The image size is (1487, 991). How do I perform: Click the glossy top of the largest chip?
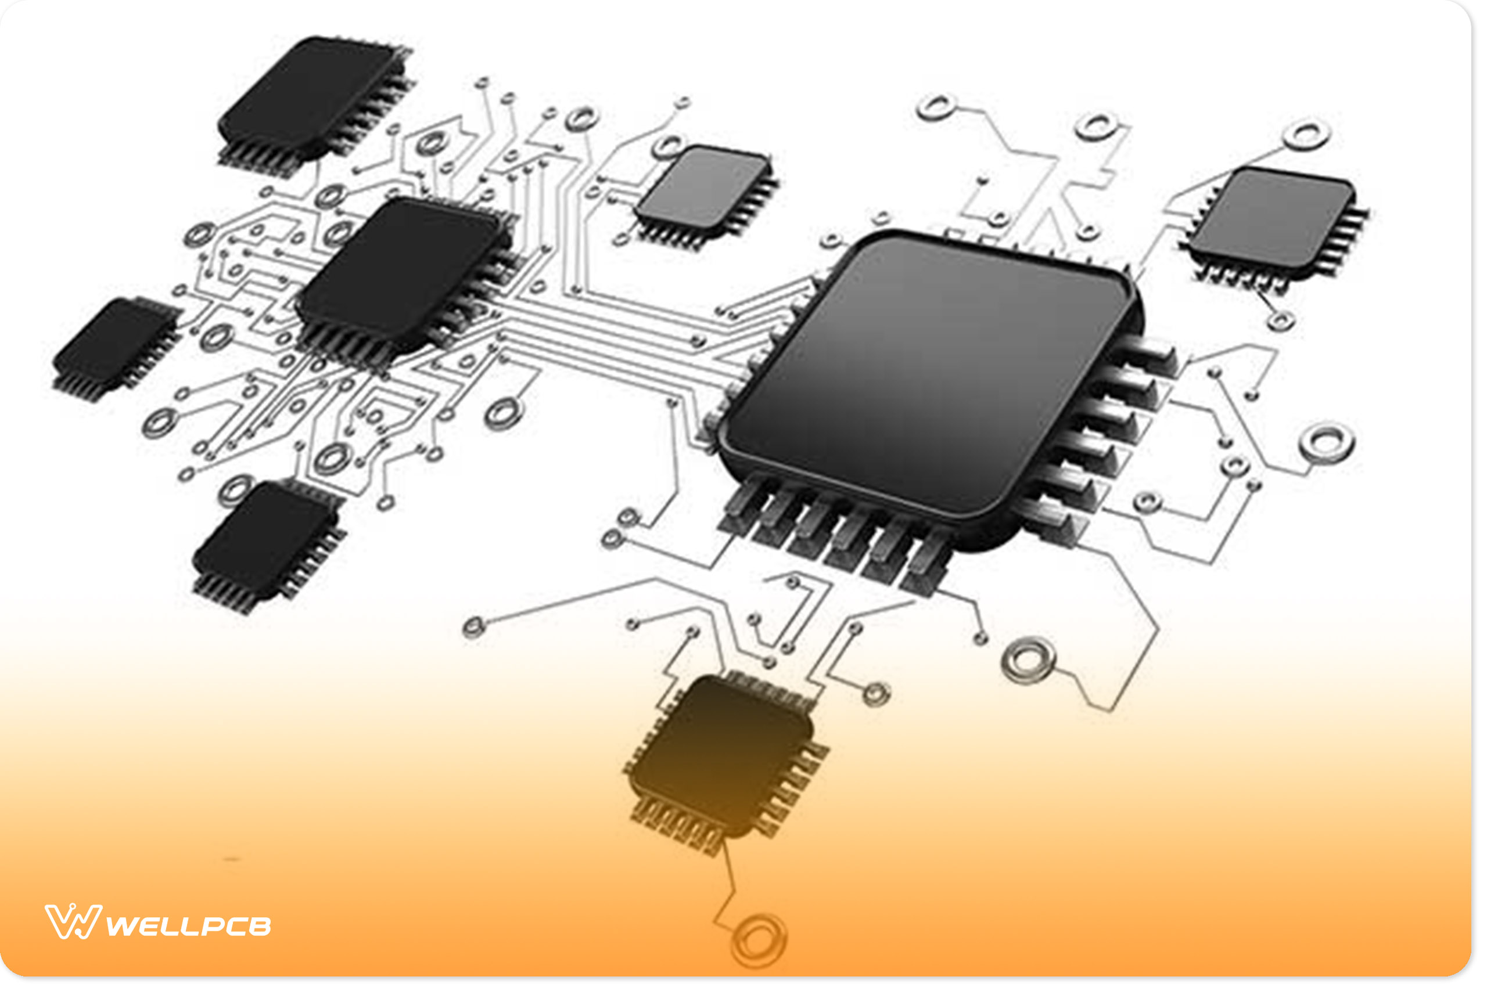tap(923, 373)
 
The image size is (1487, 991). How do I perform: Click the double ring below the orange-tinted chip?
tap(758, 940)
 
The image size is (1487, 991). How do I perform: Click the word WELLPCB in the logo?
tap(188, 927)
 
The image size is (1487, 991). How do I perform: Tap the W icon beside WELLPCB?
tap(72, 921)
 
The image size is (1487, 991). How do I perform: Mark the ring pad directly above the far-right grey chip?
tap(1306, 135)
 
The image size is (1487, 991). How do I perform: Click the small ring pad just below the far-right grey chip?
tap(1281, 321)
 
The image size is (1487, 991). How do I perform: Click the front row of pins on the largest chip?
tap(835, 537)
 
